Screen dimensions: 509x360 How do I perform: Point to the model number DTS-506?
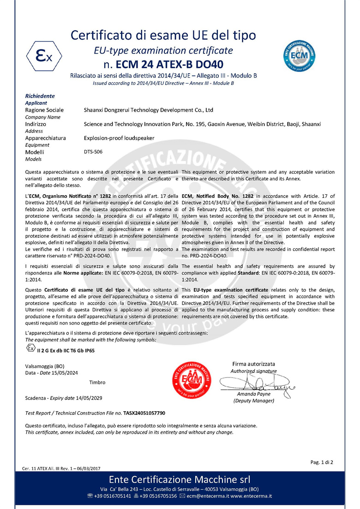click(x=93, y=152)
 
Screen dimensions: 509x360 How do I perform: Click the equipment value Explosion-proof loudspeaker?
click(x=119, y=138)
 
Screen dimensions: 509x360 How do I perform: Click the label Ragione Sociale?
click(x=44, y=110)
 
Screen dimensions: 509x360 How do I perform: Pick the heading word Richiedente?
click(x=40, y=96)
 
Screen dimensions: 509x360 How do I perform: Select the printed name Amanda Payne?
click(x=253, y=394)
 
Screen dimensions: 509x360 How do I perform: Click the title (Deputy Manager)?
click(x=253, y=401)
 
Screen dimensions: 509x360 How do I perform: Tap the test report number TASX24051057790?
click(x=144, y=413)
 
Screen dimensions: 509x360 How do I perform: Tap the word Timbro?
click(x=97, y=382)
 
